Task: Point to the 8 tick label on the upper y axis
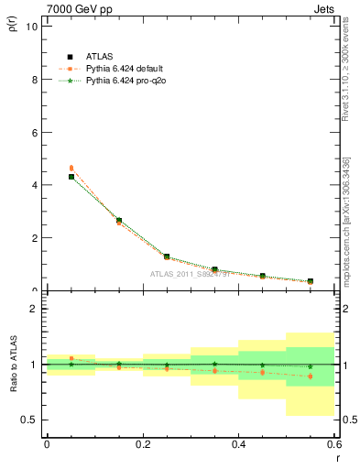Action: click(x=33, y=80)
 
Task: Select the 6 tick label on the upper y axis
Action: click(x=33, y=132)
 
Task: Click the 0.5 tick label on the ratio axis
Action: click(x=28, y=420)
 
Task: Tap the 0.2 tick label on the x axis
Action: click(x=142, y=444)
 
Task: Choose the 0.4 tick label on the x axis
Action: click(x=238, y=444)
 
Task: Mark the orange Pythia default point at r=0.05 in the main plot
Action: click(x=71, y=168)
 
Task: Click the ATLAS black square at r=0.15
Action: click(x=119, y=221)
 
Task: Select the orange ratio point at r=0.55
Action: click(x=311, y=376)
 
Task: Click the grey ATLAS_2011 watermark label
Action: click(x=191, y=272)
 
